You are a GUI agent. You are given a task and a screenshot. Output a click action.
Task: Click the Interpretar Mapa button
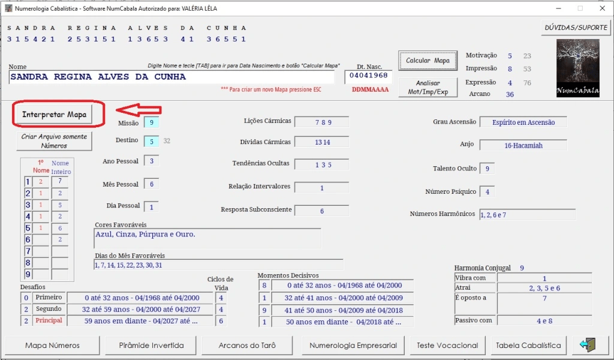[53, 115]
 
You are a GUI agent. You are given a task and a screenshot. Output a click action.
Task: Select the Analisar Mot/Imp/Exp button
[428, 88]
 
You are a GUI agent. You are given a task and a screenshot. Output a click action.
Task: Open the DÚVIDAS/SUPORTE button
[576, 28]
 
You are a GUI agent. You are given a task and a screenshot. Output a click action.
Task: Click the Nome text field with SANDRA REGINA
[171, 77]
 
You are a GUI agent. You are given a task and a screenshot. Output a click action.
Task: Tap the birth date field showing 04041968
[369, 76]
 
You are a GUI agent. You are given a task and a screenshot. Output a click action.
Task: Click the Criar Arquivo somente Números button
[54, 141]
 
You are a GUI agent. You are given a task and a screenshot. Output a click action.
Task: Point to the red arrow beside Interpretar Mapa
[139, 110]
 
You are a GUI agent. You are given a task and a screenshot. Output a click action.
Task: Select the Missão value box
[152, 122]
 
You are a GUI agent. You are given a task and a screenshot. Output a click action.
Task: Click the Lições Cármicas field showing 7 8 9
[321, 122]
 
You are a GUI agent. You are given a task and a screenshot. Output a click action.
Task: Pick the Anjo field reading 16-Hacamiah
[523, 145]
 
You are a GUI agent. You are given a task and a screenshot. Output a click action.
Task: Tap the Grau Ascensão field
[523, 122]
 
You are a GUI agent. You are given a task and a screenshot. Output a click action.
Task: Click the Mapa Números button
[53, 345]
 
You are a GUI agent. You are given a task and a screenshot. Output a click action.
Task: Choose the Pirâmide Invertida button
[151, 345]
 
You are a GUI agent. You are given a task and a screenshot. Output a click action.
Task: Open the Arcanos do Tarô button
[247, 345]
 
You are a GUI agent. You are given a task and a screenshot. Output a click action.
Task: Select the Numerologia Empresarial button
[353, 345]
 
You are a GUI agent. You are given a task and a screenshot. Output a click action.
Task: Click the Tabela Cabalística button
[528, 345]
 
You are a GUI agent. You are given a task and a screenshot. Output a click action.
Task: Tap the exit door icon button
[588, 345]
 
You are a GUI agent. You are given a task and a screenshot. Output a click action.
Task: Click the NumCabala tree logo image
[578, 68]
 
